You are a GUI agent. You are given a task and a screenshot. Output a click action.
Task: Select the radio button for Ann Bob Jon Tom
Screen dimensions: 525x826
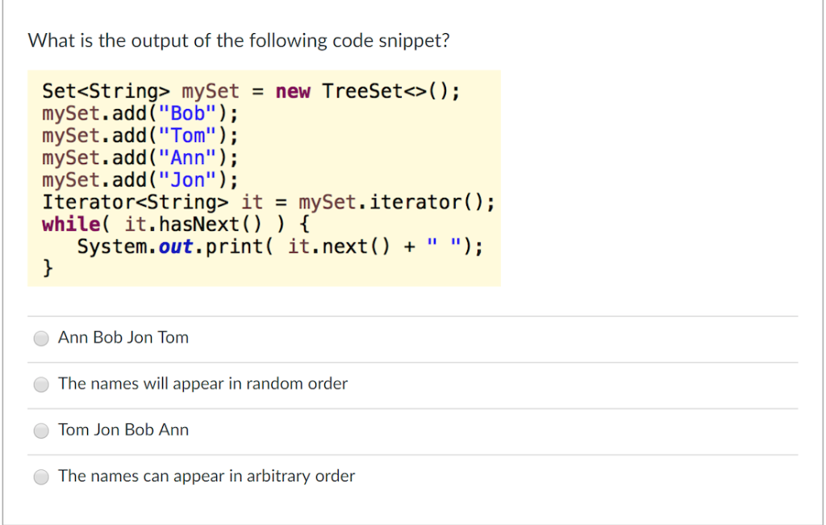(x=41, y=338)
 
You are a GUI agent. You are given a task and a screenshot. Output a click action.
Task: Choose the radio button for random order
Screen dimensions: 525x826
(x=41, y=384)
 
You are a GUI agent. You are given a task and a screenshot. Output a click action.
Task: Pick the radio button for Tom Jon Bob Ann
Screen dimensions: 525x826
(x=41, y=430)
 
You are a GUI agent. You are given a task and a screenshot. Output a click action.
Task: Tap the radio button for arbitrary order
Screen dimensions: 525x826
(x=41, y=477)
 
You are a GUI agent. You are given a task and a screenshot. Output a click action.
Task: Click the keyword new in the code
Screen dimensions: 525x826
(x=293, y=91)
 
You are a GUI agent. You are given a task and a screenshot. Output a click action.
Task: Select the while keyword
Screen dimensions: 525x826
(x=71, y=224)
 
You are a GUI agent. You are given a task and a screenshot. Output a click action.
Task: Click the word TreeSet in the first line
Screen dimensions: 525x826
(x=362, y=91)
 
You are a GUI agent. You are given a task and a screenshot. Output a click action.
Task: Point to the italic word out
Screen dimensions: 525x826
(x=176, y=246)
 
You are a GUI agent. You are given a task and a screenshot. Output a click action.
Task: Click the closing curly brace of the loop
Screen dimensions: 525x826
(x=48, y=268)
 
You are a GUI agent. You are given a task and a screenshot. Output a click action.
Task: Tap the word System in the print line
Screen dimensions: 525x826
(x=112, y=246)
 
